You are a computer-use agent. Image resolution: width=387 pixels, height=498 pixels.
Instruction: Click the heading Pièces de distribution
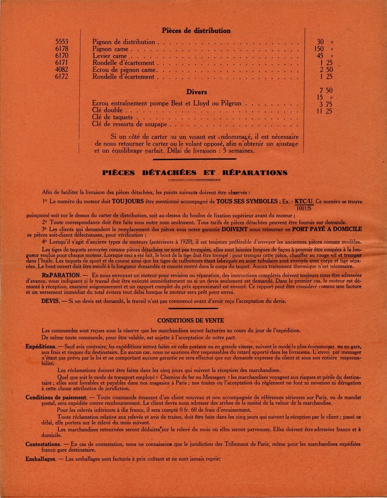click(196, 31)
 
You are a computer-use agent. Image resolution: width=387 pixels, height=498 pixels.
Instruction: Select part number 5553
click(62, 42)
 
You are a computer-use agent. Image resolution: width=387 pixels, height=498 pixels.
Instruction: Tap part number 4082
click(62, 70)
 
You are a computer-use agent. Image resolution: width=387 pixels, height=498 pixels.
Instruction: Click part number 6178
click(62, 49)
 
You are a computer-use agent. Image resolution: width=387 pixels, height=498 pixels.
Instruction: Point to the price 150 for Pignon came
click(319, 49)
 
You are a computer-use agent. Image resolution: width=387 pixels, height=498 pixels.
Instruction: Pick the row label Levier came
click(110, 56)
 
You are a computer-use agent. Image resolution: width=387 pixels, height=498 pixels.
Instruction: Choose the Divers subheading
click(197, 92)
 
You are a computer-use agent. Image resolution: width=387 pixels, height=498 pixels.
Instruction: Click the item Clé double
click(107, 110)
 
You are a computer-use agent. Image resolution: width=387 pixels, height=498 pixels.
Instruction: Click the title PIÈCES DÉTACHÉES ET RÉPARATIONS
click(195, 172)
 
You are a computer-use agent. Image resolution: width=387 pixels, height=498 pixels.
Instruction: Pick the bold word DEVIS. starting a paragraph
click(50, 301)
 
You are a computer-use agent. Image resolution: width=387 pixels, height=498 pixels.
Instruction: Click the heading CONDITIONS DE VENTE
click(190, 320)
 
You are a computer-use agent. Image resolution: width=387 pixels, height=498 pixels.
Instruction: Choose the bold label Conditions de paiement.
click(56, 397)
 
